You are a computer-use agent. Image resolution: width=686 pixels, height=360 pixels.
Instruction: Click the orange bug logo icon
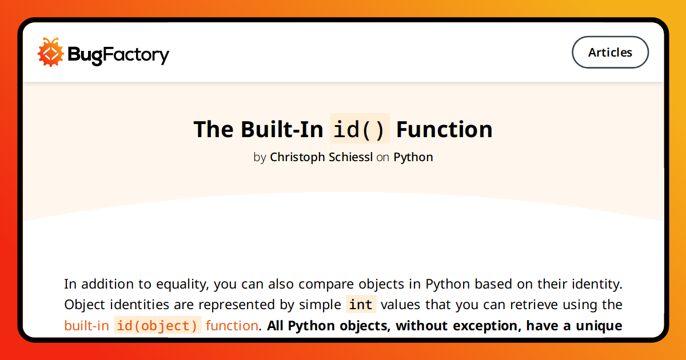coord(50,52)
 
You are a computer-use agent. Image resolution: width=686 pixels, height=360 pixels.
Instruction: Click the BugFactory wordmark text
coord(118,55)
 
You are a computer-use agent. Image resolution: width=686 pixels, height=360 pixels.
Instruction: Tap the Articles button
coord(610,53)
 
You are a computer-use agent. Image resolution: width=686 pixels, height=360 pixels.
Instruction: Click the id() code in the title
coord(360,129)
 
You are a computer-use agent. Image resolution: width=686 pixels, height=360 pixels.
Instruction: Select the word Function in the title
coord(444,129)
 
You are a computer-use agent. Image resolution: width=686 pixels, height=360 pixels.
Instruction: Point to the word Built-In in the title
coord(282,129)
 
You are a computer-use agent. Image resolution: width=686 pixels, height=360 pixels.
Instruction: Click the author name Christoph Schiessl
coord(321,157)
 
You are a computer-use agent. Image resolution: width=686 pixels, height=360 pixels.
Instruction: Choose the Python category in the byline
coord(413,157)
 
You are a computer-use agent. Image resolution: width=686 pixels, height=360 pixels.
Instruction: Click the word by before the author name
coord(260,158)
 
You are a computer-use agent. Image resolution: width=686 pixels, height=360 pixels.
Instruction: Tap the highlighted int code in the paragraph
coord(361,305)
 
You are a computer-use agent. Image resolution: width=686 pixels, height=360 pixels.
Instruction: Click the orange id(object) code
coord(157,325)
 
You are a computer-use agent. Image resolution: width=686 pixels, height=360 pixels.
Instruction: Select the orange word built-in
coord(87,325)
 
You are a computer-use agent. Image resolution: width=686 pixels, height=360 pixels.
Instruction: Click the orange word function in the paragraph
coord(232,325)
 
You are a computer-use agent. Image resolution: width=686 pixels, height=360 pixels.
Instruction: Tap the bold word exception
coord(487,326)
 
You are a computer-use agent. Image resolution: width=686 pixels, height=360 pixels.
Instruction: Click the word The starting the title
coord(214,129)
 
